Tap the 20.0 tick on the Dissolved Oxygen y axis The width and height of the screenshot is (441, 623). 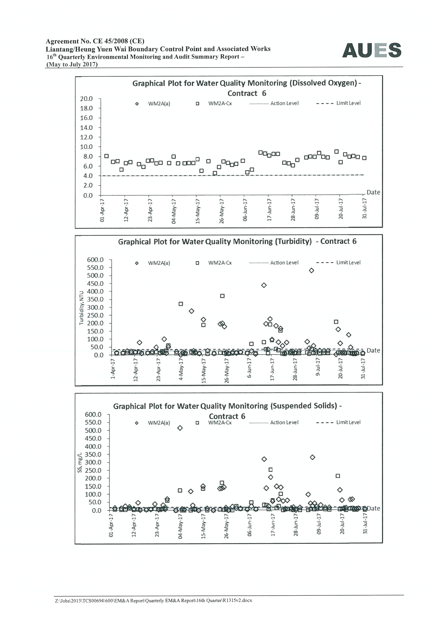coord(86,99)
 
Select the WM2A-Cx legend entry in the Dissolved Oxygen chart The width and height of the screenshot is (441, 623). coord(214,103)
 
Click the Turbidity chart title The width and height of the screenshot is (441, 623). coord(237,241)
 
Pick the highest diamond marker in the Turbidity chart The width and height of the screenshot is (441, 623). coord(311,270)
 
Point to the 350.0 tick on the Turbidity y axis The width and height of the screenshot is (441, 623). coord(95,299)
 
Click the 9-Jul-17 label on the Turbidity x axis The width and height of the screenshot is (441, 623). coord(318,367)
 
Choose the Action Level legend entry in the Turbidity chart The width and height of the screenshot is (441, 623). coord(274,263)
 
